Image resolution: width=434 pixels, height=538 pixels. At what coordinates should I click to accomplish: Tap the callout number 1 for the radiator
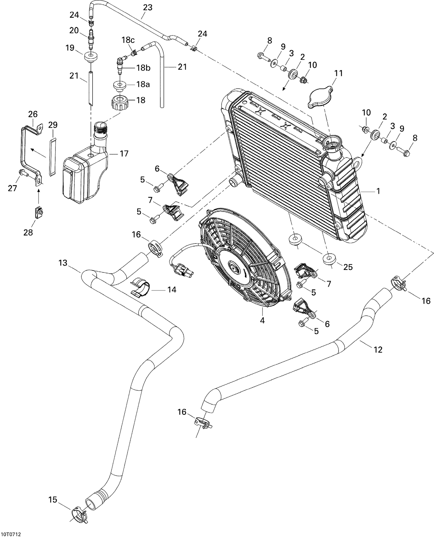378,191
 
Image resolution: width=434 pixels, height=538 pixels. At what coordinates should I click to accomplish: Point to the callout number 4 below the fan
262,321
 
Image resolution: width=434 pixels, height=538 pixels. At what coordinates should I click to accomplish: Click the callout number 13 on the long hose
63,263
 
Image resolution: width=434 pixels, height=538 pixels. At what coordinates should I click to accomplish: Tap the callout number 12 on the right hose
378,350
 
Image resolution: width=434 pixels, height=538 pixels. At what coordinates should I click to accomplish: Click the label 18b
144,68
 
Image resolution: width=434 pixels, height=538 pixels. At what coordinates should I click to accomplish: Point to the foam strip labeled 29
52,157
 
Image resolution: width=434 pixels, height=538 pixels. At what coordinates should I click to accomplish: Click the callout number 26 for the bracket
33,114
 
